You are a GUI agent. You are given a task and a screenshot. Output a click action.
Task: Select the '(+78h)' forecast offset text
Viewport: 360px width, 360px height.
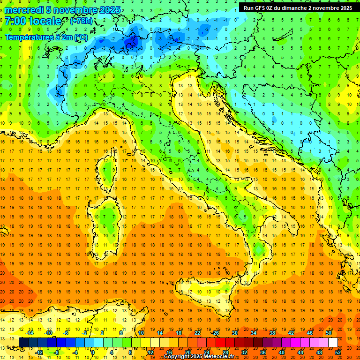click(x=81, y=21)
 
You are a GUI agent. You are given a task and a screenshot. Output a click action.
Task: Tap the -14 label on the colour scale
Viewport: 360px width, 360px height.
click(x=30, y=332)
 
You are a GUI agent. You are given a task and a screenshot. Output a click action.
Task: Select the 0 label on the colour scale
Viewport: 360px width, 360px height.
click(x=92, y=352)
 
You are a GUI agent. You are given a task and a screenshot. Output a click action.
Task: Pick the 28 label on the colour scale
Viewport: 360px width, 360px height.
click(x=225, y=352)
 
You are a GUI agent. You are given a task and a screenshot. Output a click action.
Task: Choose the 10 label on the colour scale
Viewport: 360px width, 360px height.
click(x=141, y=332)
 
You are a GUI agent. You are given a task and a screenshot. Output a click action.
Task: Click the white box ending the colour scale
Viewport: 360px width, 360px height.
click(x=333, y=342)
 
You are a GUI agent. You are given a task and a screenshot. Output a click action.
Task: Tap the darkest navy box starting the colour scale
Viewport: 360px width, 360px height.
click(x=23, y=342)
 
